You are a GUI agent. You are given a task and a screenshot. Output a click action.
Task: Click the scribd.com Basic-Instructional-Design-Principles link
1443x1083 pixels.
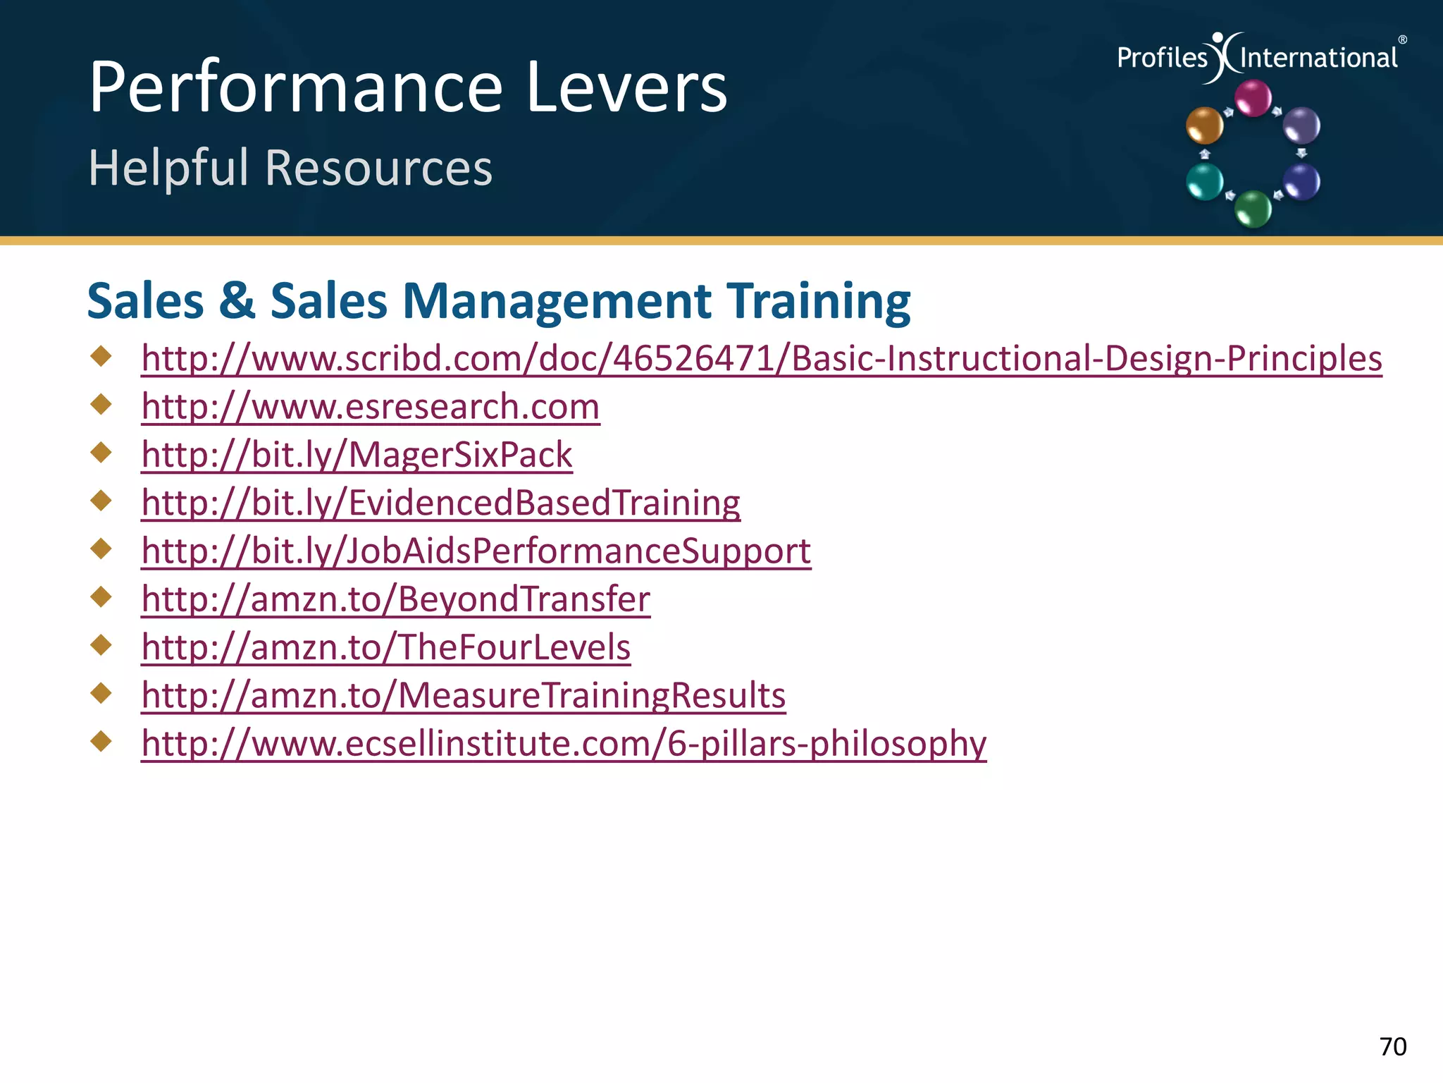[761, 359]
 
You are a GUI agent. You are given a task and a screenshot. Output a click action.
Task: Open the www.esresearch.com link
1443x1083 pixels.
[371, 407]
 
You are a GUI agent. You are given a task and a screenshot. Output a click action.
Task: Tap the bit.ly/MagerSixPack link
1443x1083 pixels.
[357, 455]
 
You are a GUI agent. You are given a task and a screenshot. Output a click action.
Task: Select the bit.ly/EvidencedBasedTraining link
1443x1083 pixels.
[440, 503]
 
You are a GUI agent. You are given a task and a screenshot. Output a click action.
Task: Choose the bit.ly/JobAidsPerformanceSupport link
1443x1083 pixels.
[476, 551]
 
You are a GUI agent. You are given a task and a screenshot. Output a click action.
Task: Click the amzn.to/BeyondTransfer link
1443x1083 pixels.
[395, 599]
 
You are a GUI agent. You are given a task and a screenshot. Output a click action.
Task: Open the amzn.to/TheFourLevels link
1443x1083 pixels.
[385, 647]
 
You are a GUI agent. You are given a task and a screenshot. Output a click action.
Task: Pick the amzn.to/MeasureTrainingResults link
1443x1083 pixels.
[463, 695]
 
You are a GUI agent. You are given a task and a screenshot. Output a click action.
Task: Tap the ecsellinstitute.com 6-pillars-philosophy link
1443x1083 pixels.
[564, 743]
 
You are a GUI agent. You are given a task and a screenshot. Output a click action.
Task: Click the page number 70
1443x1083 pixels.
[1392, 1046]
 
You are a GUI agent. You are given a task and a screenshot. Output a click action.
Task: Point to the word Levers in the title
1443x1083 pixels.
[626, 87]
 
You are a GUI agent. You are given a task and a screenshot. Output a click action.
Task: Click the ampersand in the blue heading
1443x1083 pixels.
[237, 301]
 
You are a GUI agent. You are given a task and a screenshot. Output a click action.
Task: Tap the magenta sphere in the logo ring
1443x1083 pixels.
[1253, 98]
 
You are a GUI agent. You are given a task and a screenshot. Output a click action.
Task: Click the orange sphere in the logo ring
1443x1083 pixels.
[1204, 125]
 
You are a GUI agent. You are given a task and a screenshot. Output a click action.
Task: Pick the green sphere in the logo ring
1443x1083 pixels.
[1253, 209]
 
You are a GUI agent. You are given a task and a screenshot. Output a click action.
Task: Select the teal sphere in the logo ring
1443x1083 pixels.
[1204, 181]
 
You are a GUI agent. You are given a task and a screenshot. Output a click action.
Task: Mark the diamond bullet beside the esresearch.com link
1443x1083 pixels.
[101, 404]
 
